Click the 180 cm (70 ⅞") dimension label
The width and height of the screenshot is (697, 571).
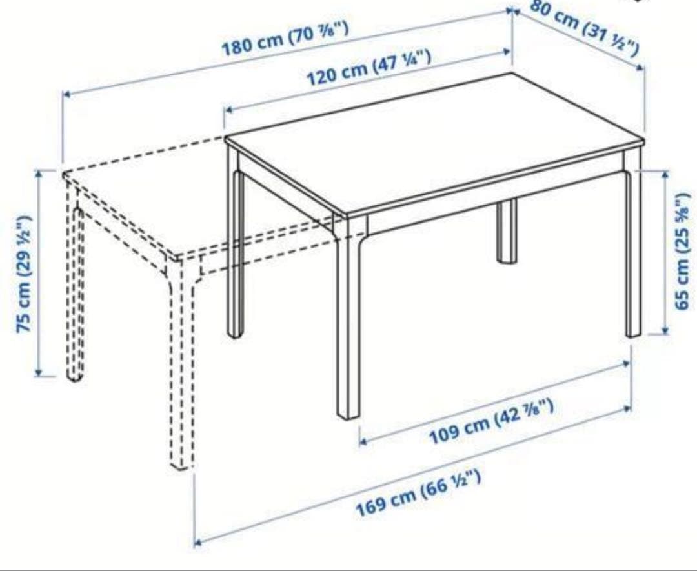pyautogui.click(x=286, y=40)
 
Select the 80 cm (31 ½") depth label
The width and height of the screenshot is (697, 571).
pyautogui.click(x=586, y=27)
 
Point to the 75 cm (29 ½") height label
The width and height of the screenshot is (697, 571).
pyautogui.click(x=25, y=274)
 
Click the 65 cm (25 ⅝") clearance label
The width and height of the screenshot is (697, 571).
pyautogui.click(x=683, y=252)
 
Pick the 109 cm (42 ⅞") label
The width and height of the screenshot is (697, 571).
pyautogui.click(x=492, y=422)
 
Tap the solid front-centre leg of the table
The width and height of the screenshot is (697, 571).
pyautogui.click(x=348, y=323)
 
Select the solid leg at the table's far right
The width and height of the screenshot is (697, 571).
pyautogui.click(x=633, y=252)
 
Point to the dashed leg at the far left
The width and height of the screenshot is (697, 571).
pyautogui.click(x=75, y=290)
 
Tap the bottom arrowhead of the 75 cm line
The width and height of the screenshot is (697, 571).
pyautogui.click(x=39, y=372)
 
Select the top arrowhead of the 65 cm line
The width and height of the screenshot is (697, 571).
pyautogui.click(x=665, y=174)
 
